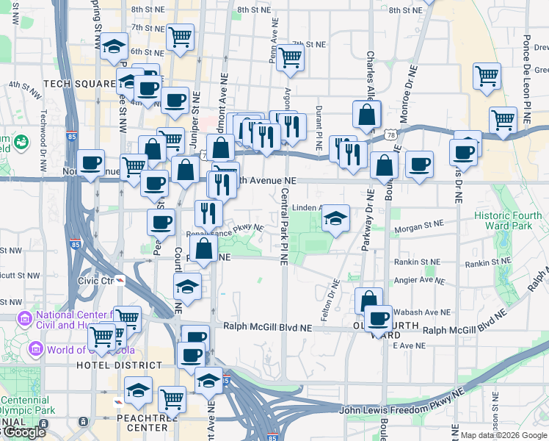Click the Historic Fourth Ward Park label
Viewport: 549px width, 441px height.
513,220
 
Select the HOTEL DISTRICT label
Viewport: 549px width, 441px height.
118,365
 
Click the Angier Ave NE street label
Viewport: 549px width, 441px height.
419,280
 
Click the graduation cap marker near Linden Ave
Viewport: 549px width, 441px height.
335,219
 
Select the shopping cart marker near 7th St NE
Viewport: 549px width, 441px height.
291,57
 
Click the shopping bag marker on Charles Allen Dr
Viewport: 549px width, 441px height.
366,115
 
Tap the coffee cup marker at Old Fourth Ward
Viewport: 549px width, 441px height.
378,318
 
